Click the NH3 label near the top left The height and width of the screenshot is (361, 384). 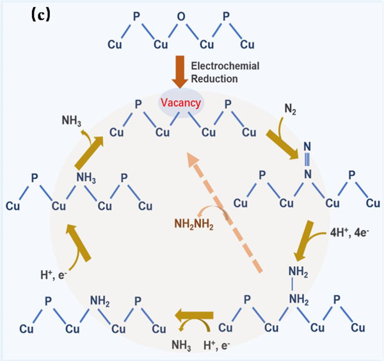72,119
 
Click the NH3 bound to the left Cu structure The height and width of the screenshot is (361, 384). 86,177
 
